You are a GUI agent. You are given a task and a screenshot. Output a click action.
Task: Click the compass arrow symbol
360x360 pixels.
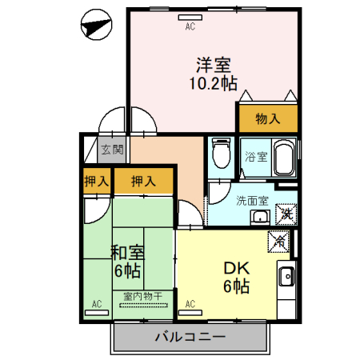click(96, 26)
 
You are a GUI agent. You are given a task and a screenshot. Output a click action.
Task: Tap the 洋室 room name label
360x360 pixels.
click(212, 62)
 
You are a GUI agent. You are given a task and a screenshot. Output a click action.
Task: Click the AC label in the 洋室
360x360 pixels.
click(190, 26)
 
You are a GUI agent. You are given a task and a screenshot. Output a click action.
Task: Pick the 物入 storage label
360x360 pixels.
click(267, 119)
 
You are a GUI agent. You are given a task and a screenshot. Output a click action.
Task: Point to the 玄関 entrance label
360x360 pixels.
click(112, 149)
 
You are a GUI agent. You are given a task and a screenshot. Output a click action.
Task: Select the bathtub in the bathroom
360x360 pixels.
click(283, 158)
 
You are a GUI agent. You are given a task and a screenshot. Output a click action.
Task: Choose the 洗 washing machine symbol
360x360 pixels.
click(286, 214)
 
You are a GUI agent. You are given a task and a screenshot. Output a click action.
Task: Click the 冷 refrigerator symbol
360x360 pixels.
click(279, 239)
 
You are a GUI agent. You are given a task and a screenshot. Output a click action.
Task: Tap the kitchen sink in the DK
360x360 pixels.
click(287, 278)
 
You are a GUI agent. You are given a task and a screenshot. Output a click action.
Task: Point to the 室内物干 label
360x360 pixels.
click(142, 296)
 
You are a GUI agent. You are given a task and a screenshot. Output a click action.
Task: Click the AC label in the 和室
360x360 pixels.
click(97, 304)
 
